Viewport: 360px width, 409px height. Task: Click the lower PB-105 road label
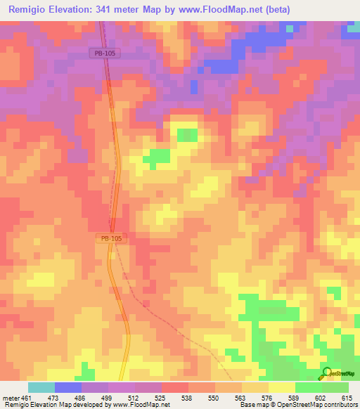[x=111, y=239]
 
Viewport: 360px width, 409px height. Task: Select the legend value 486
[x=80, y=397]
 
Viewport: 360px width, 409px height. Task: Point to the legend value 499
[x=107, y=397]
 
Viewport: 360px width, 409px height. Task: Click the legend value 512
[x=134, y=397]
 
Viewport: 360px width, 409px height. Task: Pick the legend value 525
[x=160, y=397]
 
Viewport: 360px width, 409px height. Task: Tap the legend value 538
[x=187, y=397]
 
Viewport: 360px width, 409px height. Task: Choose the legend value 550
[x=214, y=397]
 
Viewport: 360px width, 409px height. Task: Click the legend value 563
[x=240, y=397]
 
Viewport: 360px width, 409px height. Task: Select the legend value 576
[x=267, y=397]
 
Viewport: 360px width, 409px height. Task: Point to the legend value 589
[x=294, y=397]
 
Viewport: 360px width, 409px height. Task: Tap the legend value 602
[x=321, y=397]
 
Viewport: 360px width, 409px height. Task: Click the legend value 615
[x=347, y=397]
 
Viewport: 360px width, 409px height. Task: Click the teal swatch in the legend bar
[x=41, y=387]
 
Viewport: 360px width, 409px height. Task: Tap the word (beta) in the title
[x=274, y=10]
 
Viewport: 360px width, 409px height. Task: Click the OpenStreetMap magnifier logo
[x=326, y=372]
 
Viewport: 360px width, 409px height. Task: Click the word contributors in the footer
[x=339, y=405]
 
